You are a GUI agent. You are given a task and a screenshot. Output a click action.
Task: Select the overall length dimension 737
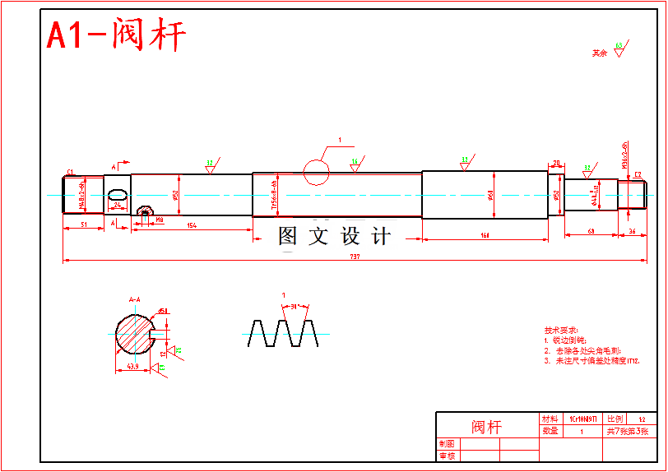355,257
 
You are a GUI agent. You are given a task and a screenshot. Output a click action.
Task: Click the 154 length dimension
192,224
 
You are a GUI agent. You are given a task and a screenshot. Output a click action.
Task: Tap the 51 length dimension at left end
84,224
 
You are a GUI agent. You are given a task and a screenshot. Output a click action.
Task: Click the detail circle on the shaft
316,172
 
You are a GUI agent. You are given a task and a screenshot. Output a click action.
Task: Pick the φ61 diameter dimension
491,195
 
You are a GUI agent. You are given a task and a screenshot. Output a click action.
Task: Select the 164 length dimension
485,236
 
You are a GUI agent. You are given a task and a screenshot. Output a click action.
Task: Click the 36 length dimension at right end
632,232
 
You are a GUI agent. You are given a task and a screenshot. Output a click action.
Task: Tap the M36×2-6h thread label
626,156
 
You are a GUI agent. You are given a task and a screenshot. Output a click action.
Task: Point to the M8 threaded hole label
160,220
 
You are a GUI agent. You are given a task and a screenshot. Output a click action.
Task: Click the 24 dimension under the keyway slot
118,204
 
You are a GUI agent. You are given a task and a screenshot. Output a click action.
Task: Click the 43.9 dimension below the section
132,366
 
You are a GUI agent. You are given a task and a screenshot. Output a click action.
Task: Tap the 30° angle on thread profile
294,306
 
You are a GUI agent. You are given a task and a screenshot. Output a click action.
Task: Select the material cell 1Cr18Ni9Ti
582,419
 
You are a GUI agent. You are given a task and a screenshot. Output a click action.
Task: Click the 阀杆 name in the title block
486,427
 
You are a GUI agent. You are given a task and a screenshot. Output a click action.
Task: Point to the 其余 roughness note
600,53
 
